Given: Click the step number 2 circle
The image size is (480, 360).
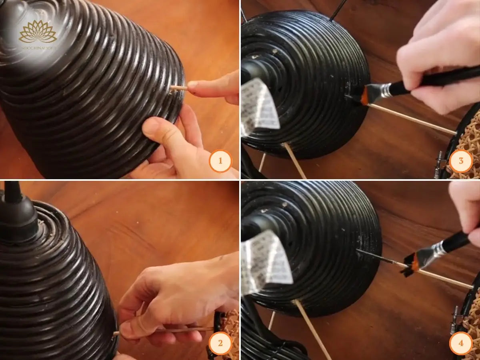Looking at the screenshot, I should click(220, 343).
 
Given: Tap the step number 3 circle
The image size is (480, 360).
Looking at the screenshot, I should click(460, 161).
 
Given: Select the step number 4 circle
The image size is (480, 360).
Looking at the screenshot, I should click(460, 343).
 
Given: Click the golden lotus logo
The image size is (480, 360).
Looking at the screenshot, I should click(38, 32).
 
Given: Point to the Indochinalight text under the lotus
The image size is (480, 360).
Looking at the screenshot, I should click(38, 48).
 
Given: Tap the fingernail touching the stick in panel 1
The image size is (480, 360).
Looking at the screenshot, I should click(193, 85).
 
